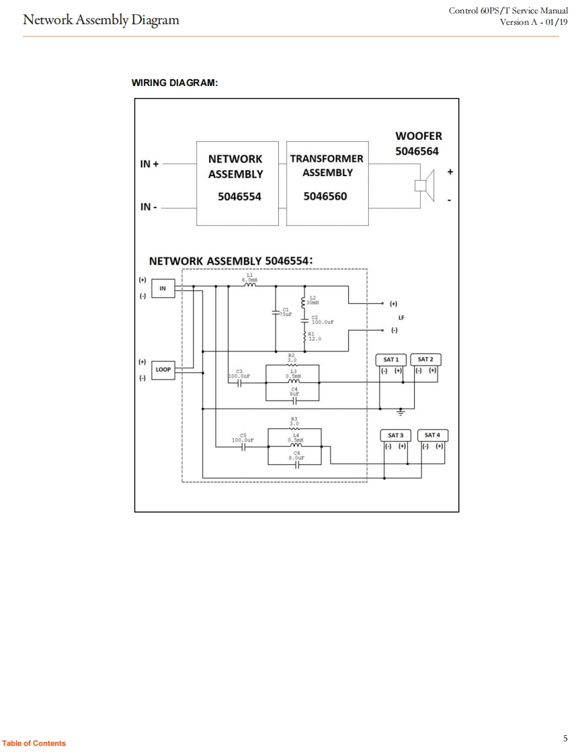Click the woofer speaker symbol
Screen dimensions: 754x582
pos(425,185)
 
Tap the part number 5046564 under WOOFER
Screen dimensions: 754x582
pos(417,151)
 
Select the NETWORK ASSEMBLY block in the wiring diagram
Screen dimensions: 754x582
pos(236,183)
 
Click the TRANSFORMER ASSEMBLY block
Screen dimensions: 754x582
pos(327,183)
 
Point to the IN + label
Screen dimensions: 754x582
pos(150,163)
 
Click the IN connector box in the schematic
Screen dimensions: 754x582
pos(163,289)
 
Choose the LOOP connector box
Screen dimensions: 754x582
pos(163,370)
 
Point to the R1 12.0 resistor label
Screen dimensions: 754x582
pos(315,337)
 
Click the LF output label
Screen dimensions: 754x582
pos(401,317)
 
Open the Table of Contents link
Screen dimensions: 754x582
pos(34,743)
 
